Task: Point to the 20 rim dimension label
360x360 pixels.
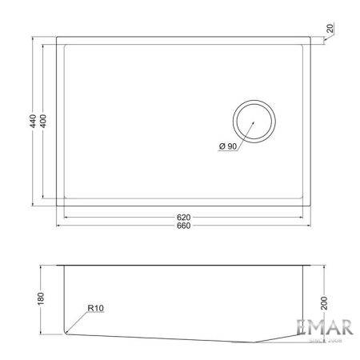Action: coord(330,29)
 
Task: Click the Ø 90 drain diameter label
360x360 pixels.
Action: coord(227,146)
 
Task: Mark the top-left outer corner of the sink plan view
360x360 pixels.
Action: coord(56,35)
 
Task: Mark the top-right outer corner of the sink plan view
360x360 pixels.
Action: coord(313,35)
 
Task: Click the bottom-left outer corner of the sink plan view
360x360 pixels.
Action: coord(56,206)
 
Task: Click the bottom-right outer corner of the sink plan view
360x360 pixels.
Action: coord(313,206)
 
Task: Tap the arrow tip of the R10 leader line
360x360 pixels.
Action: coord(67,330)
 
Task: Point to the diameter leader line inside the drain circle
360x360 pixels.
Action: coord(250,126)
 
